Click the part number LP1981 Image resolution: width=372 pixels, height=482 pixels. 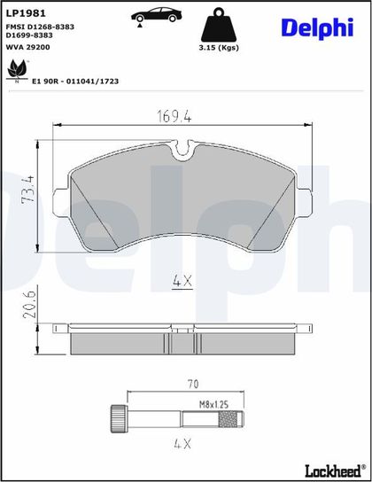pos(26,13)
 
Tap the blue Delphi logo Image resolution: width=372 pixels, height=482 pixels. pos(317,28)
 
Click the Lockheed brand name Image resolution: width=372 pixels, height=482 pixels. pos(333,470)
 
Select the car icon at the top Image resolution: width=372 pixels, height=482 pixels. pos(157,15)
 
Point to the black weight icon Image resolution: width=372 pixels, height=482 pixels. pos(219,25)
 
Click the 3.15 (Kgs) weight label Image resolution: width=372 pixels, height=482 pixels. pos(219,48)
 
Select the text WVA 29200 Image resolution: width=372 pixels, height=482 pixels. pos(28,47)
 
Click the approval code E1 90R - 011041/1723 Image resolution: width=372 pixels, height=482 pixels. pos(75,82)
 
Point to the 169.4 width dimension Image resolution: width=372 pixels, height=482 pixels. pos(174,116)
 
